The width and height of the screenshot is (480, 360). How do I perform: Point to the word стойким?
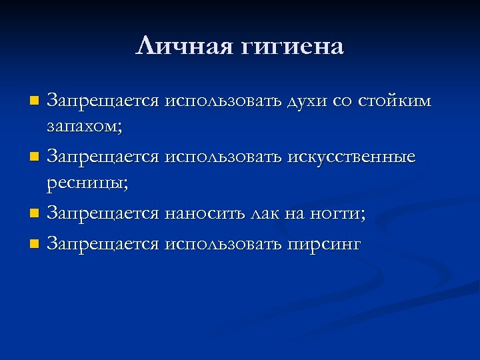pos(395,101)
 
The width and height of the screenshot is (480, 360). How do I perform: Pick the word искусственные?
pos(351,157)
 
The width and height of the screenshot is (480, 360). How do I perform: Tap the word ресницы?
pos(87,183)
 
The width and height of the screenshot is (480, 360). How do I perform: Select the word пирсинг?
pos(324,245)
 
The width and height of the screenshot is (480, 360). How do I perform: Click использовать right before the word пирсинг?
pos(223,244)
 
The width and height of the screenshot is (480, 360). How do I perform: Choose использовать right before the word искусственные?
pos(223,157)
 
